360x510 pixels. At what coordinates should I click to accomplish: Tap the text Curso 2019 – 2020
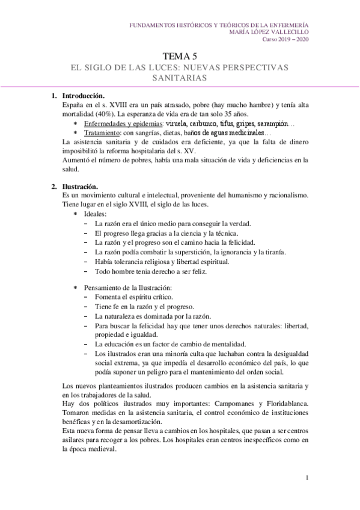pos(285,40)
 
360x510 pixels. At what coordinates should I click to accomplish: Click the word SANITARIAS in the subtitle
pos(180,78)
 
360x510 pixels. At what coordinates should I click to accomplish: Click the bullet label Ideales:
pos(96,214)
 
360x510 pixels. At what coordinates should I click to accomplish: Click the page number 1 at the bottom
pos(307,478)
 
